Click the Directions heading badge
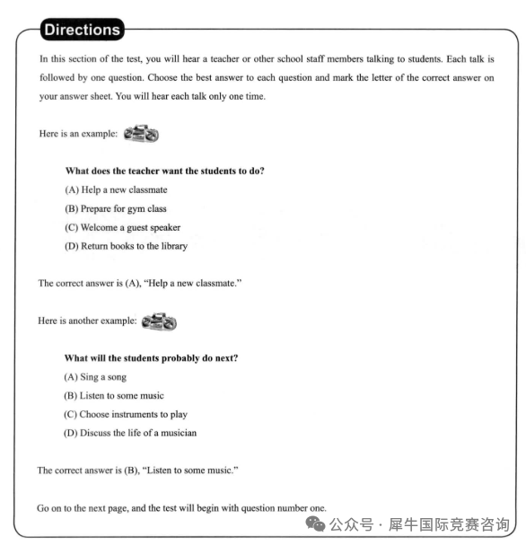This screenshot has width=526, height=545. click(x=82, y=30)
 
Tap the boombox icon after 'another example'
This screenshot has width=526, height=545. click(x=160, y=321)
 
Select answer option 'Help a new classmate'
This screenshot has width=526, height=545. click(x=116, y=189)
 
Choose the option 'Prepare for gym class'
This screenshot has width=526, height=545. click(x=115, y=208)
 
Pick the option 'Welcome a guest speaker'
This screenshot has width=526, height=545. click(x=122, y=227)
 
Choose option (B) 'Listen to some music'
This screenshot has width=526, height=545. click(x=114, y=395)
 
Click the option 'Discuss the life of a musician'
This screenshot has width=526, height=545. click(x=130, y=433)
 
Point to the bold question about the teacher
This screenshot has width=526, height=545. click(x=164, y=171)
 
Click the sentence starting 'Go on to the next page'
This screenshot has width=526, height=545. click(x=181, y=507)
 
